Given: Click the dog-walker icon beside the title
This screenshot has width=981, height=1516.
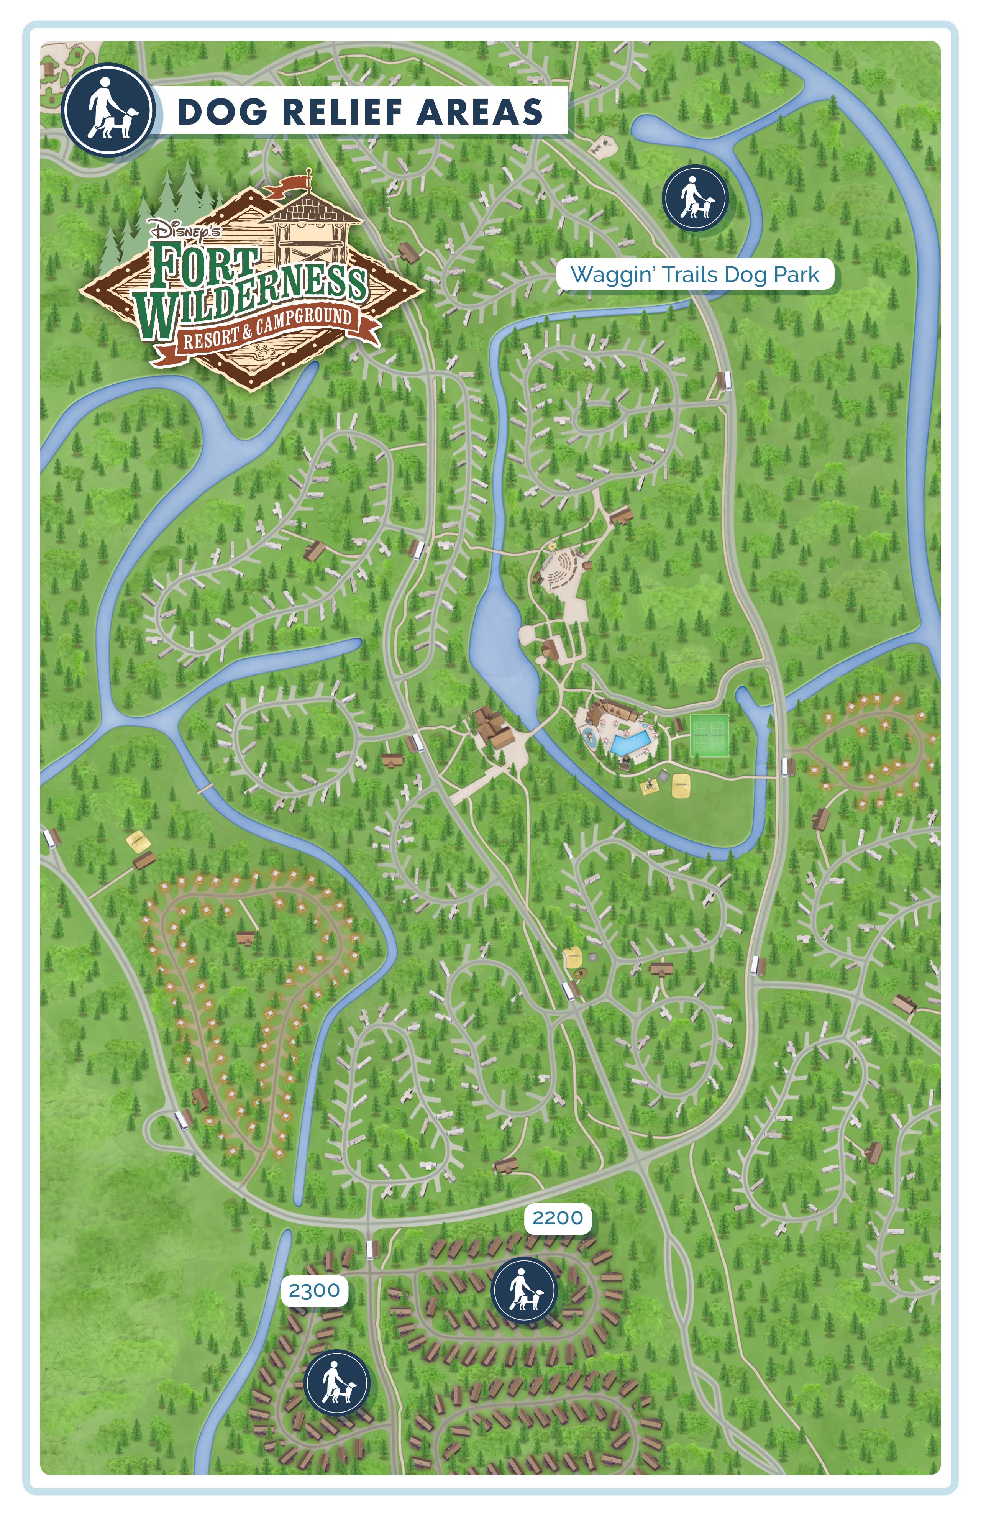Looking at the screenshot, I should (109, 110).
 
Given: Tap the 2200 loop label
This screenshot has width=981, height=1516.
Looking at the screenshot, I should (558, 1218).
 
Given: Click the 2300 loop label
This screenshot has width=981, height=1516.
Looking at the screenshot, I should (314, 1291).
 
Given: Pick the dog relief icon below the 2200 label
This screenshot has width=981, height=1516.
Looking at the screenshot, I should (524, 1291).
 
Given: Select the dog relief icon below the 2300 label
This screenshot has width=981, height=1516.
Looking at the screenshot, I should (337, 1383).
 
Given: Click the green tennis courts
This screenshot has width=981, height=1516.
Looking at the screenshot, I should (709, 736).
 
